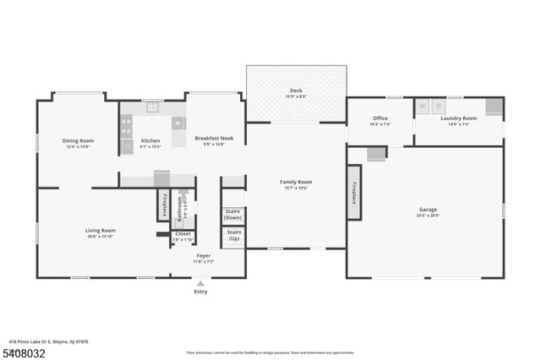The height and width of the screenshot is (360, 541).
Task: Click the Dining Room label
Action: click(78, 140)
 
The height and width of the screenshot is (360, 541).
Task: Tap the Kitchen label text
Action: click(150, 140)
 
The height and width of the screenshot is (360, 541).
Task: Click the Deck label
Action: click(296, 90)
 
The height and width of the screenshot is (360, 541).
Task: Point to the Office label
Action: click(380, 118)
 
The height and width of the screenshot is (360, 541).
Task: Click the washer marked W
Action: click(422, 106)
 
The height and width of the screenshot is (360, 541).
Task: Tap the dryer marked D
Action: click(438, 106)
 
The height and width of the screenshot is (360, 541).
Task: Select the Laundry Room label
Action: click(459, 118)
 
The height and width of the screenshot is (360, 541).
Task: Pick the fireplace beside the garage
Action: click(354, 193)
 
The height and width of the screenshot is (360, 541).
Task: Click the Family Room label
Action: click(297, 182)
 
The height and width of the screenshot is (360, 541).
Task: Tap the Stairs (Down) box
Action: click(232, 215)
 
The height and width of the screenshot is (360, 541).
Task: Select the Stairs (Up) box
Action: click(233, 236)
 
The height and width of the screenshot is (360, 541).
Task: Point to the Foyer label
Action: click(204, 254)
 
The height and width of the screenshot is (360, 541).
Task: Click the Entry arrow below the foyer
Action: click(200, 284)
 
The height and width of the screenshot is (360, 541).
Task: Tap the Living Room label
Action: click(101, 230)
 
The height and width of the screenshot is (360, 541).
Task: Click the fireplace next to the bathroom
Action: click(163, 206)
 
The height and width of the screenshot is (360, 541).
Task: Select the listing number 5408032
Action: click(26, 349)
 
